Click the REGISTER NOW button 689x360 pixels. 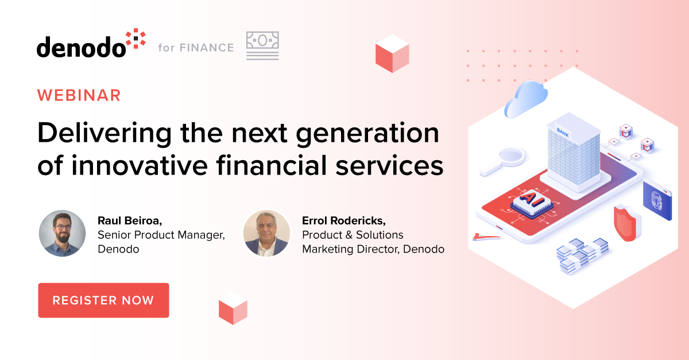(103, 300)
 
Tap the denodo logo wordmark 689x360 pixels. (81, 47)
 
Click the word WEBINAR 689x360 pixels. (79, 95)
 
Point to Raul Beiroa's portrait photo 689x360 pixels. (62, 233)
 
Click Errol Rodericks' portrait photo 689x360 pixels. (266, 233)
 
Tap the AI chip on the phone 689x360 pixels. (528, 201)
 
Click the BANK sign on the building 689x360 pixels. (562, 131)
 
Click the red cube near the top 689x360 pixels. (392, 53)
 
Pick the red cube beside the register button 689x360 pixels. (233, 308)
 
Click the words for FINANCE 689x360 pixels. (196, 48)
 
